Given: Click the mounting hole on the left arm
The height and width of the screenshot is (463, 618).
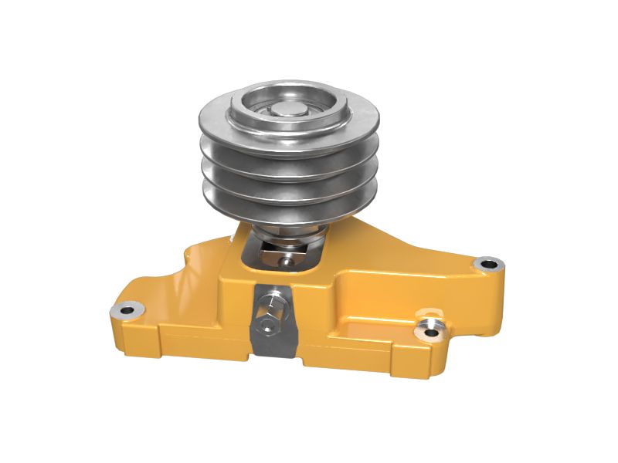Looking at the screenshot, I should pos(126,310).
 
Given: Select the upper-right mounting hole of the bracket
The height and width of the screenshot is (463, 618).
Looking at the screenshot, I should pos(487,265).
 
